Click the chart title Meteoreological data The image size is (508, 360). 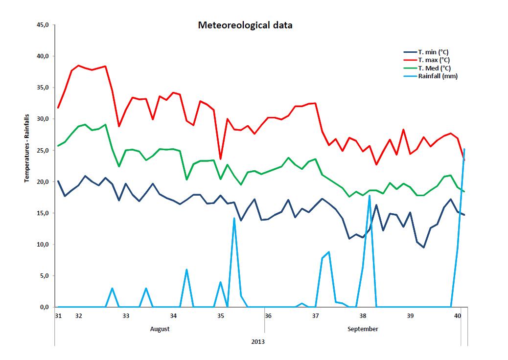point(245,25)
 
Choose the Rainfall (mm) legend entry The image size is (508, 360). point(438,76)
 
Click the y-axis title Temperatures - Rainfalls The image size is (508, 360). point(27,148)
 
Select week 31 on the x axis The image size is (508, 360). point(58,315)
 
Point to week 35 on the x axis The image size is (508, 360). point(221,315)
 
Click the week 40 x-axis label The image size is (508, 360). point(458,315)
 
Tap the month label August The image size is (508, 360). point(160,329)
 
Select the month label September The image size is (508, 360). point(363,329)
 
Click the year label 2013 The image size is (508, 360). point(258,342)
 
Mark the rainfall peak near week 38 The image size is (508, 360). point(369,196)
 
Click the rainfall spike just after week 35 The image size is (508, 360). point(234,218)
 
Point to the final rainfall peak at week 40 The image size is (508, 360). point(464,149)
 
